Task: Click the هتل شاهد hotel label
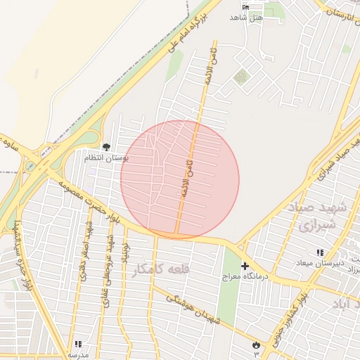click(251, 17)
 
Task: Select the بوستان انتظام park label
click(106, 158)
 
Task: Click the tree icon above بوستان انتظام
click(106, 147)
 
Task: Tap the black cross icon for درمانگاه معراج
click(245, 266)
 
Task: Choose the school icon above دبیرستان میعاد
click(320, 252)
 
